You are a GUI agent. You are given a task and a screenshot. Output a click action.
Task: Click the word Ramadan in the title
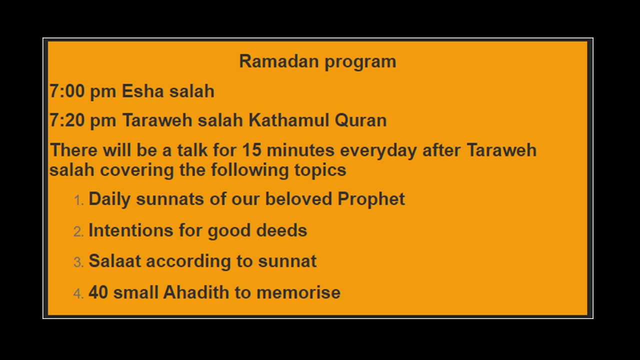coord(279,61)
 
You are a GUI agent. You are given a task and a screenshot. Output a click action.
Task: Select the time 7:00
coord(67,91)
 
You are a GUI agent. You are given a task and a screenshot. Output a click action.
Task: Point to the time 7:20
coord(67,120)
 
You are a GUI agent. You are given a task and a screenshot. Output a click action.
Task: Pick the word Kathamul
coord(288,120)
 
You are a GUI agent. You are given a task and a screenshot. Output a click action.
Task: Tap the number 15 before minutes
coord(251,150)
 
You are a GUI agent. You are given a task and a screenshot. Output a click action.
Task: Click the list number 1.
coord(78,200)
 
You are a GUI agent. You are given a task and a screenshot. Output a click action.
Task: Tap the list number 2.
coord(78,231)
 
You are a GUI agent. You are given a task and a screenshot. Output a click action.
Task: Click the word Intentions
coord(131,230)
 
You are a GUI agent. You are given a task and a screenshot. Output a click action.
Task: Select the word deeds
coord(281,230)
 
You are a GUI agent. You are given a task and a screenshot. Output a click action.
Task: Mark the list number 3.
coord(78,262)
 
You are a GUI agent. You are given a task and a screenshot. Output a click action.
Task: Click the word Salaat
coord(115,261)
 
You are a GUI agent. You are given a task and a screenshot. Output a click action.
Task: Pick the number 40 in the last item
coord(98,292)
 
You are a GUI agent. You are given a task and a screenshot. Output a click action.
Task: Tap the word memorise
coord(298,292)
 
